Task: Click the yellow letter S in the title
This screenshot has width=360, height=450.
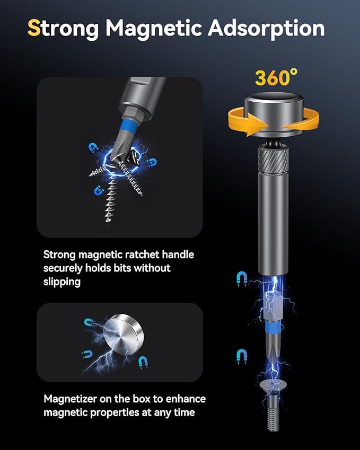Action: tap(34, 28)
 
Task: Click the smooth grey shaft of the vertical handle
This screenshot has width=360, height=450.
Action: tap(273, 223)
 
